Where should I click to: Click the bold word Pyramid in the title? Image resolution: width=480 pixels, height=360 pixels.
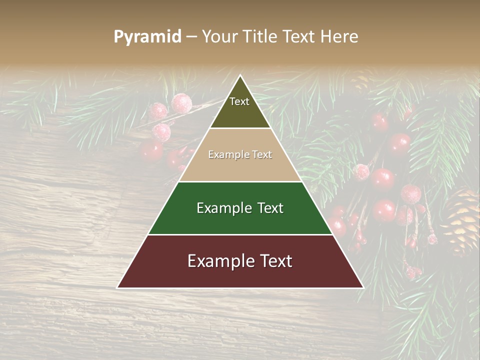click(147, 37)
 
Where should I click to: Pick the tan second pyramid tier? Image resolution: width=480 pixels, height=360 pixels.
click(240, 165)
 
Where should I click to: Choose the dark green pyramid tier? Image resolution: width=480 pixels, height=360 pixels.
click(240, 220)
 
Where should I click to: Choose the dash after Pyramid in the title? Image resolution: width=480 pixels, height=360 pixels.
click(191, 37)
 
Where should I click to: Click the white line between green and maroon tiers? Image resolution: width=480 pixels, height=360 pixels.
click(240, 234)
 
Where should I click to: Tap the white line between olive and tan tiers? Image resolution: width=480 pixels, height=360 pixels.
click(240, 128)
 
